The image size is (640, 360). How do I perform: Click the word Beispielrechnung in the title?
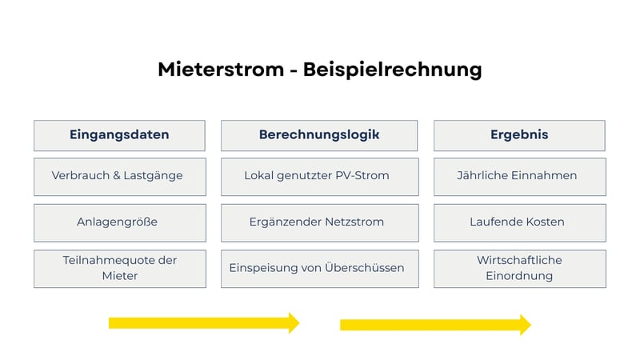[x=392, y=70]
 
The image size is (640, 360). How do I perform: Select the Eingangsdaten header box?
[x=119, y=135]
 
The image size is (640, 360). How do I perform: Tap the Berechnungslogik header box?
[x=319, y=135]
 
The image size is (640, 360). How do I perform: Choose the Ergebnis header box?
[x=519, y=135]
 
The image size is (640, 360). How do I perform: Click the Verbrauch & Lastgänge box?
[x=119, y=176]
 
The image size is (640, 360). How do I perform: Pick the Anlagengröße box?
[x=119, y=222]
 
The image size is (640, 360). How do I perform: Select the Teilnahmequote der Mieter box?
[x=119, y=269]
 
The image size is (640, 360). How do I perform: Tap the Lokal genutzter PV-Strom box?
[x=319, y=176]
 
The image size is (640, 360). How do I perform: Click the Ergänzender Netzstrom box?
[x=319, y=222]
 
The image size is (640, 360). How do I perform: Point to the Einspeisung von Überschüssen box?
[x=319, y=269]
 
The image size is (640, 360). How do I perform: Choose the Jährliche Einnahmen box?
[x=519, y=176]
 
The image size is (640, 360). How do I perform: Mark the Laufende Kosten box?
[x=519, y=222]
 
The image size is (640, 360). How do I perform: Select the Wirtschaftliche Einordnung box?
[x=519, y=269]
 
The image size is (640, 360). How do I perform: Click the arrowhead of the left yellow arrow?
[x=293, y=322]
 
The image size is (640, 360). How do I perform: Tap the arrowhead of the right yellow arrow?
[x=525, y=324]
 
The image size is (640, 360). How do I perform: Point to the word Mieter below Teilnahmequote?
[x=119, y=276]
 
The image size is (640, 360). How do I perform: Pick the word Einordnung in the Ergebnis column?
[x=519, y=276]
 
